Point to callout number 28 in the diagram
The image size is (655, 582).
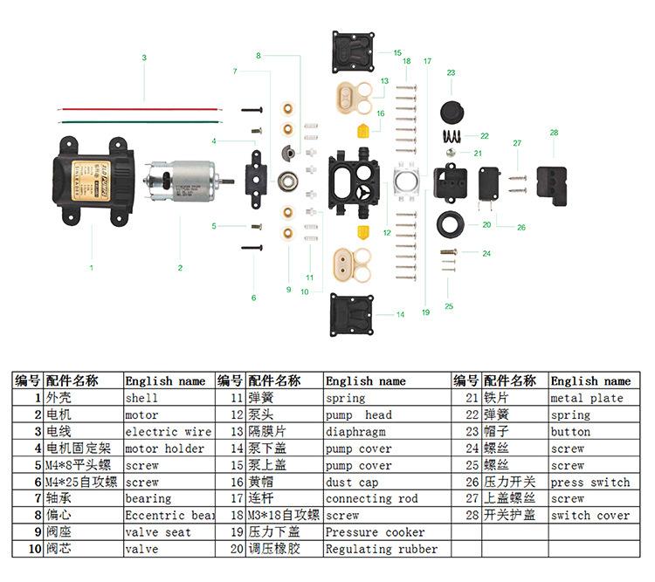[x=554, y=133]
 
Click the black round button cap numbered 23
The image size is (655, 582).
[x=452, y=111]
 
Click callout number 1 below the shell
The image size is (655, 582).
[x=91, y=268]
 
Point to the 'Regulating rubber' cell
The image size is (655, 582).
[x=382, y=549]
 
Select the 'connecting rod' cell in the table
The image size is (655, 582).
[x=371, y=498]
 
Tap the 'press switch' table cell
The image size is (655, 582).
[x=589, y=482]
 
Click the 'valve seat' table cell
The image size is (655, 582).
[x=158, y=532]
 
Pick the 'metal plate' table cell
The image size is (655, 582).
[x=587, y=398]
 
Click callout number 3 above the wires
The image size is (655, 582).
[x=144, y=58]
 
